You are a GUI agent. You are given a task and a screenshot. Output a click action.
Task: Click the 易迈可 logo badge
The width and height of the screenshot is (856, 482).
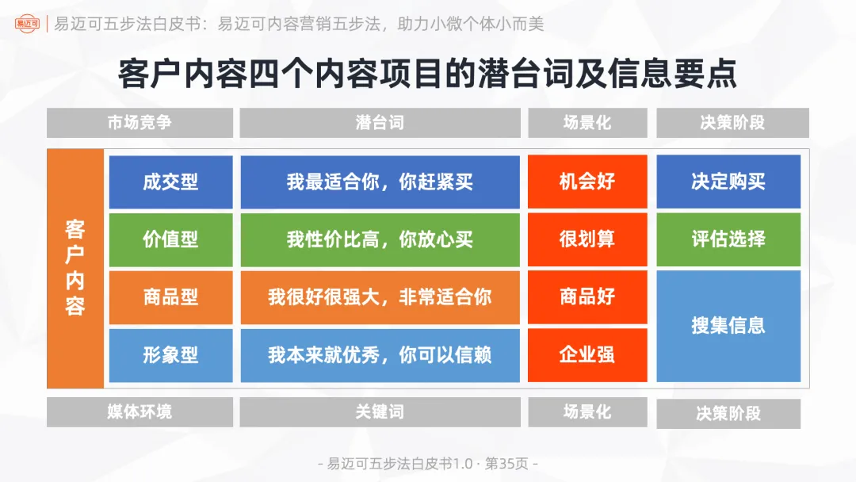click(26, 24)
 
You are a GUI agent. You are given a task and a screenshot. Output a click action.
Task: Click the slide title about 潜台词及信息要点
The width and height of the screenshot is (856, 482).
click(427, 74)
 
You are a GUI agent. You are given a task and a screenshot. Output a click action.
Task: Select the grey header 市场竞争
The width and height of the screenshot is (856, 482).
click(139, 123)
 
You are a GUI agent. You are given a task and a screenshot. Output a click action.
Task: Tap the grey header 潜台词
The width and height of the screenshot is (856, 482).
click(380, 123)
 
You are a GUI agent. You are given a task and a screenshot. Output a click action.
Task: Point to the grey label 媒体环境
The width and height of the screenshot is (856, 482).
click(139, 412)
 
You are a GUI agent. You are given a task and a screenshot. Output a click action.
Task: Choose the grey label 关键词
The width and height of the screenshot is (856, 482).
click(380, 412)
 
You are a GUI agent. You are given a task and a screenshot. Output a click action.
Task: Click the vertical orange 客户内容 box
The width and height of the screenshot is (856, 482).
click(75, 268)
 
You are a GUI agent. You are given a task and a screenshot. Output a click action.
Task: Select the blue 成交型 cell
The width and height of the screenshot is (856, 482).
click(170, 182)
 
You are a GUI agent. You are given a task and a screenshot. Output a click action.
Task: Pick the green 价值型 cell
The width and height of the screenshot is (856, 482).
click(170, 239)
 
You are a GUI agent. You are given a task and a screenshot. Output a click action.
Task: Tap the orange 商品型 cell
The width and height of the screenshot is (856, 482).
click(170, 297)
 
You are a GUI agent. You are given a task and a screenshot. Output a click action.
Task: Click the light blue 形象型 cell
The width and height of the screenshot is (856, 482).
click(170, 355)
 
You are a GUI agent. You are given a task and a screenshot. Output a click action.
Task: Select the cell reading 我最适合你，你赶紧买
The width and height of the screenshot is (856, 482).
click(380, 182)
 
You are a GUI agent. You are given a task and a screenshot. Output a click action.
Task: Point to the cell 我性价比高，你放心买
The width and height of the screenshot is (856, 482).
click(380, 239)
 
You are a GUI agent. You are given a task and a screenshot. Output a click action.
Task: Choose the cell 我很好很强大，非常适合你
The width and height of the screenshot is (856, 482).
click(380, 297)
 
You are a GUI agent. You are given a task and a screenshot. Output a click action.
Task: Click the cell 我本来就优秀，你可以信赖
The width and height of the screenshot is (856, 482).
click(380, 355)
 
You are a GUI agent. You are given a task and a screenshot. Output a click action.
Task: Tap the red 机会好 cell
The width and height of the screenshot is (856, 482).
click(587, 182)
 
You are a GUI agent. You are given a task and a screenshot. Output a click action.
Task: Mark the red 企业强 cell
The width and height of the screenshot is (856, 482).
click(587, 355)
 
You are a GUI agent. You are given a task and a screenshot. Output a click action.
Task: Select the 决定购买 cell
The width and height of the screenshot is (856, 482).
click(728, 182)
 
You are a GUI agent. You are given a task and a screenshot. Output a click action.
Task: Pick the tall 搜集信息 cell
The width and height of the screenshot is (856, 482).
click(728, 326)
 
